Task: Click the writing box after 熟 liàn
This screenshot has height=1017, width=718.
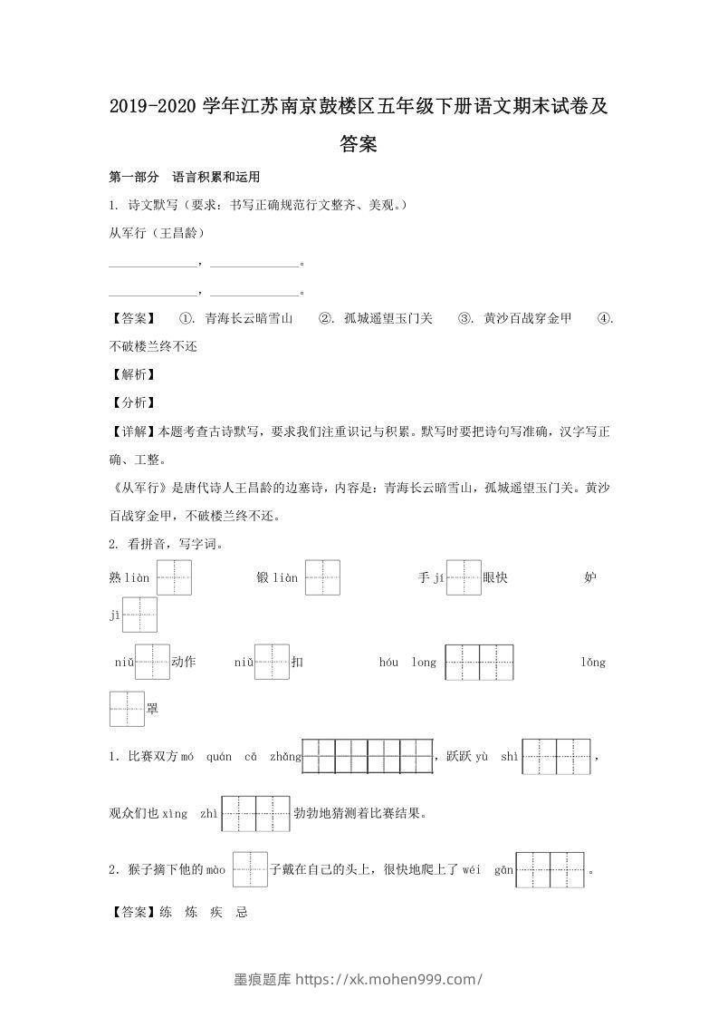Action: [175, 577]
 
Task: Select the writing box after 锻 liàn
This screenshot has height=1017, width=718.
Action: [322, 577]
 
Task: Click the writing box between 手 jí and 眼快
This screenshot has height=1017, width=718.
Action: [463, 577]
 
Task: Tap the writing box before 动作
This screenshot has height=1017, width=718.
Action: [152, 662]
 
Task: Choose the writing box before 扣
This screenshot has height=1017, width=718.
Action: [272, 662]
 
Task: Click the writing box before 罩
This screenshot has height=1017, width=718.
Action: [127, 708]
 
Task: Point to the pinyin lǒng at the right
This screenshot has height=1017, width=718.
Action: [593, 663]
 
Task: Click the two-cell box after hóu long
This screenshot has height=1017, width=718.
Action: [480, 662]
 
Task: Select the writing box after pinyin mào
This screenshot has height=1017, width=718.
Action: [250, 869]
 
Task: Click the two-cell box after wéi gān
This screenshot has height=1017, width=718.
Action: [550, 869]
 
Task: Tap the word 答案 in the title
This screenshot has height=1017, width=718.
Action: [359, 143]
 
